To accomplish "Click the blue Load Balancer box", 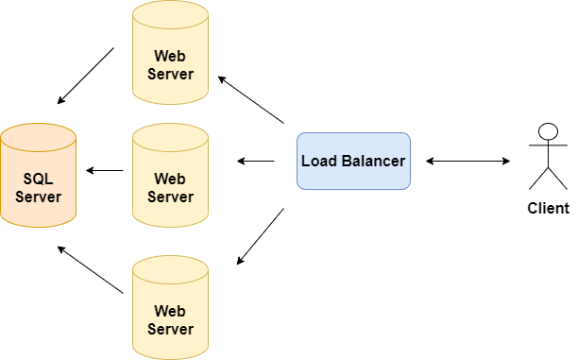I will tap(353, 161).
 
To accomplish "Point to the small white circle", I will tap(548, 131).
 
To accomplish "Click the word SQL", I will tap(38, 179).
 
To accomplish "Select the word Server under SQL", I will tap(38, 197).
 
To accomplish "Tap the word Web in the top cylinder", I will tap(170, 56).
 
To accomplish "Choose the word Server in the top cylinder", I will tap(170, 74).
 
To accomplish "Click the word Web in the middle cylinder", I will tap(170, 179).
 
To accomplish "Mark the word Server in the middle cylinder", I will tap(170, 197).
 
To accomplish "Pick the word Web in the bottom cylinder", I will tap(170, 311).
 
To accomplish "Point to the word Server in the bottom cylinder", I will tap(170, 329).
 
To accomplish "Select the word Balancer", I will tap(372, 161).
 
